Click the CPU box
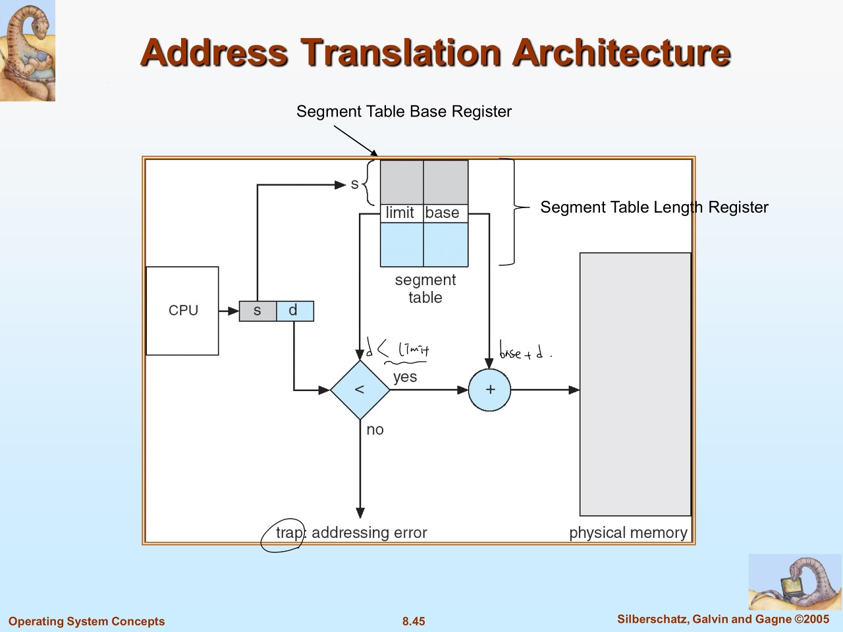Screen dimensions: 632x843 pyautogui.click(x=182, y=311)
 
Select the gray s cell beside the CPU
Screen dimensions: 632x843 pyautogui.click(x=258, y=311)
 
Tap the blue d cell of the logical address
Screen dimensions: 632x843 pyautogui.click(x=294, y=311)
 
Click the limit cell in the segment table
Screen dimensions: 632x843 pyautogui.click(x=400, y=213)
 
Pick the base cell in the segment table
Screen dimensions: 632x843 pyautogui.click(x=443, y=213)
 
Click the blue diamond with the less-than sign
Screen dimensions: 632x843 pyautogui.click(x=360, y=390)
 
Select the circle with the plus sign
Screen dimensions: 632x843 pyautogui.click(x=490, y=390)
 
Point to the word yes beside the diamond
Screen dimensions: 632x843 pyautogui.click(x=405, y=377)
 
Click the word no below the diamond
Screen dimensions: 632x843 pyautogui.click(x=375, y=430)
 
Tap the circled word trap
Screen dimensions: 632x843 pyautogui.click(x=289, y=533)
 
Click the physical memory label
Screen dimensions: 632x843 pyautogui.click(x=628, y=533)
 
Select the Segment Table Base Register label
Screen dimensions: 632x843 pyautogui.click(x=404, y=112)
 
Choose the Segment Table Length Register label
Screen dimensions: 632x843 pyautogui.click(x=654, y=207)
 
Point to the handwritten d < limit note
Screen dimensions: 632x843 pyautogui.click(x=399, y=350)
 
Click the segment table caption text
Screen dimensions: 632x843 pyautogui.click(x=425, y=289)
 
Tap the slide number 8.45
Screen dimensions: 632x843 pyautogui.click(x=414, y=621)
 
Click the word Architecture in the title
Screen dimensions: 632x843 pyautogui.click(x=622, y=53)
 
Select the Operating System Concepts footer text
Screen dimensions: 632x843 pyautogui.click(x=86, y=621)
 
